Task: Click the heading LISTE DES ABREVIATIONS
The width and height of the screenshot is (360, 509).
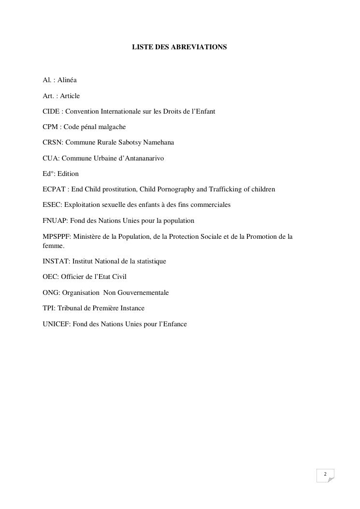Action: [179, 47]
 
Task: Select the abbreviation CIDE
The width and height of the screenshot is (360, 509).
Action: [51, 111]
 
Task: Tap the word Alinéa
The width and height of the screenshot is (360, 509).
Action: [67, 80]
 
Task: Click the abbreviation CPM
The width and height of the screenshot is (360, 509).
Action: [50, 127]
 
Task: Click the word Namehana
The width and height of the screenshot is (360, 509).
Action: [158, 143]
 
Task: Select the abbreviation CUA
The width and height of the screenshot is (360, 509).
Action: [51, 158]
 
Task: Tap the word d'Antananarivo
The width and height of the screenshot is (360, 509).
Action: [139, 158]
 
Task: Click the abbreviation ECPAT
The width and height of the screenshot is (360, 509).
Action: [54, 189]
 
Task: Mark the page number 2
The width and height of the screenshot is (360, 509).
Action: [325, 474]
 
